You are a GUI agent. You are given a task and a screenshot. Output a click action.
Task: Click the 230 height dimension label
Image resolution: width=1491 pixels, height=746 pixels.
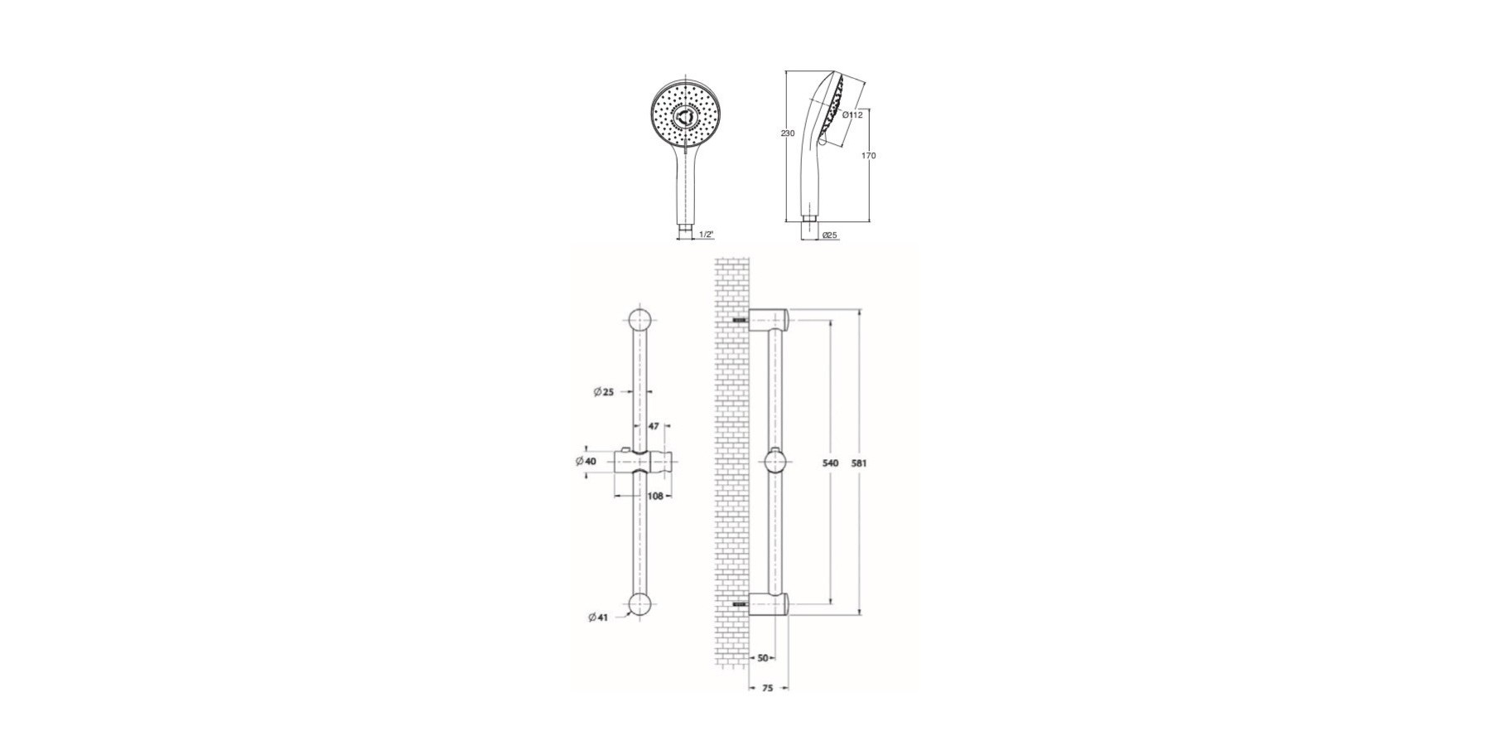click(x=788, y=133)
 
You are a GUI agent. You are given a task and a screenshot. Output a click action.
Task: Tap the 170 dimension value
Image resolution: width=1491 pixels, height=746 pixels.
click(x=869, y=156)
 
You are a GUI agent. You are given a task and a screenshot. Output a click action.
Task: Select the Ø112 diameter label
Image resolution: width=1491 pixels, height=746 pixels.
click(x=852, y=115)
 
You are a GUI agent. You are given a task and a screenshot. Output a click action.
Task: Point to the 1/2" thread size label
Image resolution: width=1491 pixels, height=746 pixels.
click(x=707, y=235)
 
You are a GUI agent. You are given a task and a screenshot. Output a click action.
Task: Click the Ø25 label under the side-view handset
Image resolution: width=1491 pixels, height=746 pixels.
click(x=830, y=235)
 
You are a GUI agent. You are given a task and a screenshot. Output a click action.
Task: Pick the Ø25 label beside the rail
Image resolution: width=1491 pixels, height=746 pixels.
click(x=604, y=392)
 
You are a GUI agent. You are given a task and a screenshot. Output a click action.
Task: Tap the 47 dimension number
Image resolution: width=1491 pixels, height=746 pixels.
click(x=654, y=426)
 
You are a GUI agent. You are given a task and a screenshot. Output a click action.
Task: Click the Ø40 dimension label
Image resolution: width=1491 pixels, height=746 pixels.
click(x=586, y=461)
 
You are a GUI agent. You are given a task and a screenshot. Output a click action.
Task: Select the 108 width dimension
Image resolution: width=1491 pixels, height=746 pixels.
click(x=655, y=497)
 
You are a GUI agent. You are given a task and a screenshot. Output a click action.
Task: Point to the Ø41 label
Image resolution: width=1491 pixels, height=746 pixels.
click(x=598, y=618)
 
